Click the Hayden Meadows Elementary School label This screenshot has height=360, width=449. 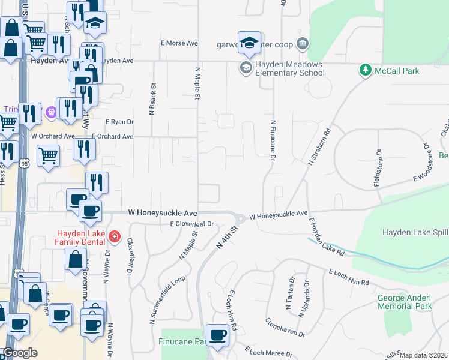(x=289, y=69)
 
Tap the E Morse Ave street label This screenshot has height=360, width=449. (x=179, y=44)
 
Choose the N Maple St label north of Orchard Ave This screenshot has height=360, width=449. (x=196, y=83)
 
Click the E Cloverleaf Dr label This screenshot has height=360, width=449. (x=192, y=224)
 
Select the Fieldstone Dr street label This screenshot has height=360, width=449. (x=377, y=167)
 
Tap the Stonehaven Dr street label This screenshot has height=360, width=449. (x=285, y=326)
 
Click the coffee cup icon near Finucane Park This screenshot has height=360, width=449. (x=217, y=335)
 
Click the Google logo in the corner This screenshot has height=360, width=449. (x=20, y=353)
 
